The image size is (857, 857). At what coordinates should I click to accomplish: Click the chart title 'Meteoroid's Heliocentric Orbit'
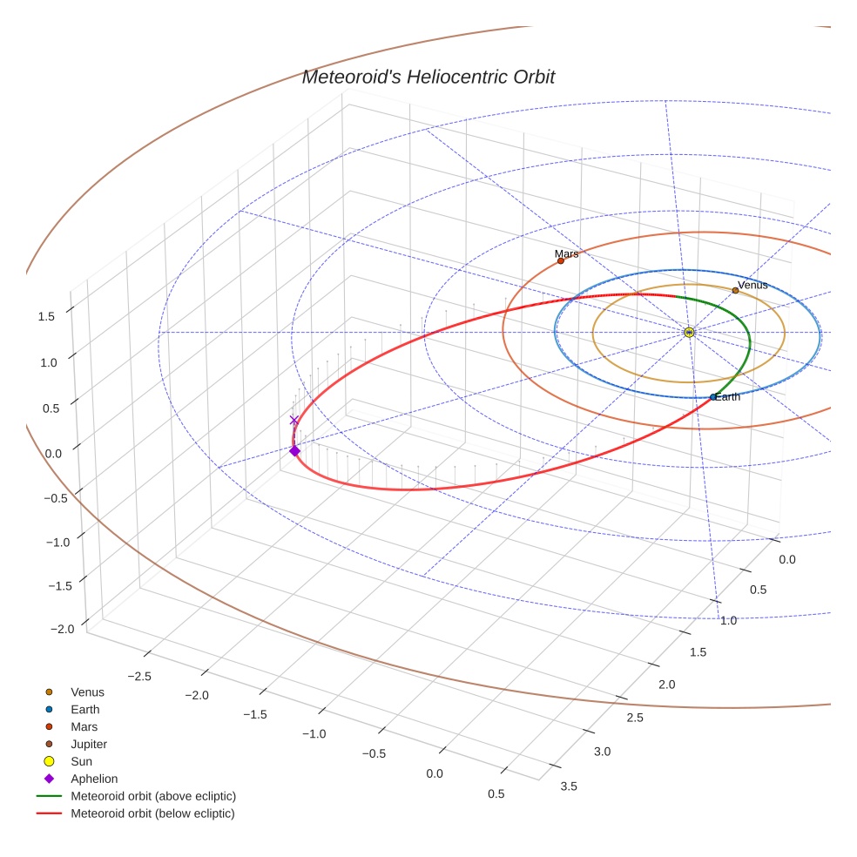[428, 77]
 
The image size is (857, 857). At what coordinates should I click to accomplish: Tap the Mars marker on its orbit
[561, 260]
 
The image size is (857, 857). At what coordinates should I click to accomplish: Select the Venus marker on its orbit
[735, 291]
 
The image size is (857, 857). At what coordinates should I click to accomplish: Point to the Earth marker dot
[713, 397]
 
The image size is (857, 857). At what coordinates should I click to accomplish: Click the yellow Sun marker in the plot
[689, 332]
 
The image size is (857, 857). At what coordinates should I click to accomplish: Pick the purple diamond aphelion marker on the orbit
[294, 450]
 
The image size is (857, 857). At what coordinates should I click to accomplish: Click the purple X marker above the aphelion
[294, 420]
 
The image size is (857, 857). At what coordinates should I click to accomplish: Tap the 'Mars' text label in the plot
[566, 253]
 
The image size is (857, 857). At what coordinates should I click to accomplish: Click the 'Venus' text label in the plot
[752, 285]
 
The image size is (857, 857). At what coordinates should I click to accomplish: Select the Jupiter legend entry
[89, 744]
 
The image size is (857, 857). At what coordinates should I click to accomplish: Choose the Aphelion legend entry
[94, 779]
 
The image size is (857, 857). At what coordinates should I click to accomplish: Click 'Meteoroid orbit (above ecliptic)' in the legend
[153, 796]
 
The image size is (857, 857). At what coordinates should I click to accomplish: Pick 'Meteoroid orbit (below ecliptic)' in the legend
[153, 813]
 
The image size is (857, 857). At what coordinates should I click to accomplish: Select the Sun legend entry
[82, 761]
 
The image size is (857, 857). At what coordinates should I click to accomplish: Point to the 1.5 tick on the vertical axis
[45, 316]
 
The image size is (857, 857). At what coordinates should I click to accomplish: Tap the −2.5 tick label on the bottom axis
[138, 676]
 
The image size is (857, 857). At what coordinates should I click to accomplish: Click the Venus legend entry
[87, 692]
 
